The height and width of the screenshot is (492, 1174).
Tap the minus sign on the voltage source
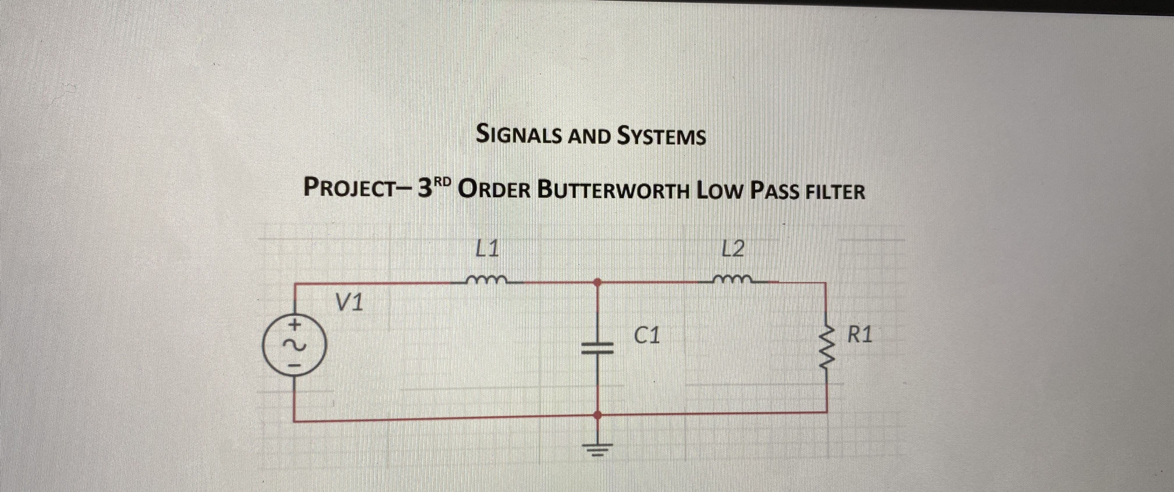click(294, 365)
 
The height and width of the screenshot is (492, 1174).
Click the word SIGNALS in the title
click(518, 135)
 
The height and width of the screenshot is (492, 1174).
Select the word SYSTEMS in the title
click(661, 136)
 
